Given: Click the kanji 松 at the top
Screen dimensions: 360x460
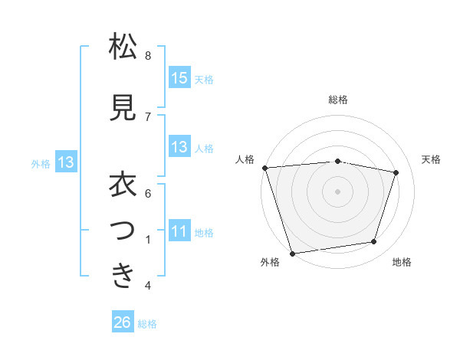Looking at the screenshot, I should (123, 47).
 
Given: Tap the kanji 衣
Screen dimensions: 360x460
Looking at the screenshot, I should (123, 185).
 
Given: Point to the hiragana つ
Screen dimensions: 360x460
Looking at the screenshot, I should (123, 231).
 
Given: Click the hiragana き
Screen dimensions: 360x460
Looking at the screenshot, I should (123, 277).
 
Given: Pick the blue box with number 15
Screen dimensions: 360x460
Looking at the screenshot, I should (179, 78).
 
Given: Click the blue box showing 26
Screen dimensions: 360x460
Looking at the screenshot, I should (123, 323).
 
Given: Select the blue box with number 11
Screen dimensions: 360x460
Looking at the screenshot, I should (179, 231).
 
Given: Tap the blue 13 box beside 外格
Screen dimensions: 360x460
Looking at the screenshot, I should (65, 162).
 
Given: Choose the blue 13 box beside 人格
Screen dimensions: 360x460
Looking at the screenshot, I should (179, 147).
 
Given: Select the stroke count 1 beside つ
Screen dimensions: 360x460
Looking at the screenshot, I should (148, 240).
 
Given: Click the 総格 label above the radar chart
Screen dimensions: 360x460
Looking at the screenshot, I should (338, 100).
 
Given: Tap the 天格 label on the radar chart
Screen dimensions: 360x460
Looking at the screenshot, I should (431, 159).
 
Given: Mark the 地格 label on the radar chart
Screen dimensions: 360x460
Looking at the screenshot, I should (402, 263).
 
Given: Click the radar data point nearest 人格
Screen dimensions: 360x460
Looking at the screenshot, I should (264, 168).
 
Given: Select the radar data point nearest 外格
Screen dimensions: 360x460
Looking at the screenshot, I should (292, 252).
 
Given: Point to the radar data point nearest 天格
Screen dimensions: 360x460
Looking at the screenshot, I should (396, 172).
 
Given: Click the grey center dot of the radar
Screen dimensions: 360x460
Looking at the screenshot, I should (338, 191).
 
